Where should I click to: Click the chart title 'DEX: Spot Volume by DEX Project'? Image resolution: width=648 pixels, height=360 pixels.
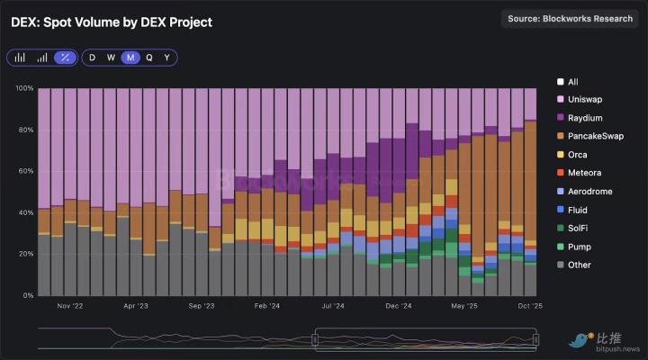click(112, 22)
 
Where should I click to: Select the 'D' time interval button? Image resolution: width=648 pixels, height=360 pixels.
click(92, 58)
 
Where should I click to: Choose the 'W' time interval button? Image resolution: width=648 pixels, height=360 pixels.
click(111, 58)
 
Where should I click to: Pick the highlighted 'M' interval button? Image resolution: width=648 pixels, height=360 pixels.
click(130, 58)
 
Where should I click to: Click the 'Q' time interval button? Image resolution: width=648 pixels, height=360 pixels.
click(149, 58)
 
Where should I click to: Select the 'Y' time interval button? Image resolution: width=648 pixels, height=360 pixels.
click(166, 58)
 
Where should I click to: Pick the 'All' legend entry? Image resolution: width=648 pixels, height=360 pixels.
click(573, 81)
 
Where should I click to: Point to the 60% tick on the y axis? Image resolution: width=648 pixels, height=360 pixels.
click(24, 171)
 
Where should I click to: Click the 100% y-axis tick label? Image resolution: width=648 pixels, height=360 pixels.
click(22, 88)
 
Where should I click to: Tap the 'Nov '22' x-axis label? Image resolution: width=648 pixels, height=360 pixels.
click(69, 306)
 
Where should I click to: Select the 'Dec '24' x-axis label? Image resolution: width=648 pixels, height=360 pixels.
click(398, 306)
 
